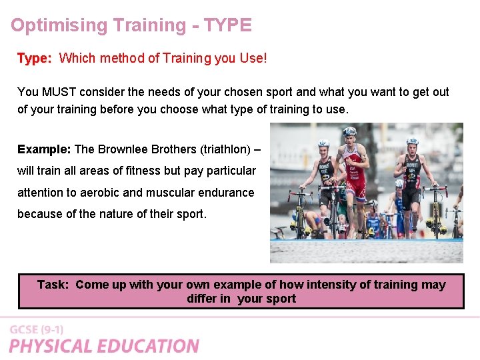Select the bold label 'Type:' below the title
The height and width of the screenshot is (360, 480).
(34, 59)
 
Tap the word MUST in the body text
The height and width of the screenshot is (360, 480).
(60, 92)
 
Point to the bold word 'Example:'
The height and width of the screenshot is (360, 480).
(44, 149)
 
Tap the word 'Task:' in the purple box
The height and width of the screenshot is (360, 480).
(53, 285)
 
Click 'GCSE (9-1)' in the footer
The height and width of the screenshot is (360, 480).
(36, 330)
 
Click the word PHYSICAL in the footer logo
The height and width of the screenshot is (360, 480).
(52, 346)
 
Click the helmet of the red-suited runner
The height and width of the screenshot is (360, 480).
(349, 131)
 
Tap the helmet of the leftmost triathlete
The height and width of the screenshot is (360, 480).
(324, 143)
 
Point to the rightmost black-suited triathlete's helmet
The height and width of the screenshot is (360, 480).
(411, 141)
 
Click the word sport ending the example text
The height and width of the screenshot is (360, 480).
(189, 215)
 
